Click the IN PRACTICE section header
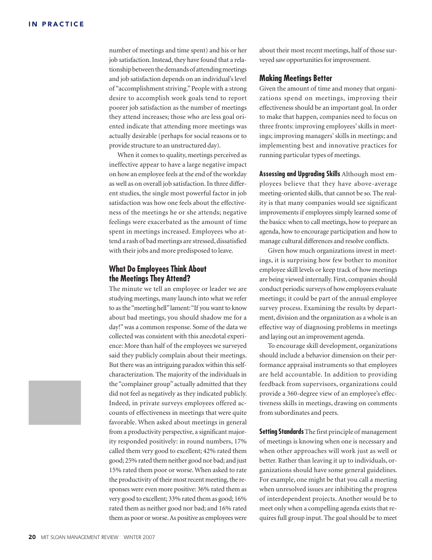[56, 24]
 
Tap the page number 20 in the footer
[32, 537]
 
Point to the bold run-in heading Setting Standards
[281, 432]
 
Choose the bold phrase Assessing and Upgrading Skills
[299, 174]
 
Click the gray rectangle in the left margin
[55, 402]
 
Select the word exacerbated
[168, 222]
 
